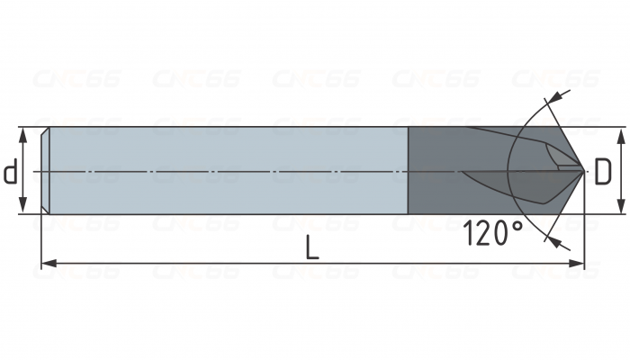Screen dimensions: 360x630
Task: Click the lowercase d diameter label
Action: click(x=10, y=171)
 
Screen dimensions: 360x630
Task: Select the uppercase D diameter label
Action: click(x=604, y=171)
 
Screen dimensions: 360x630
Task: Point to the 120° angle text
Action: click(x=492, y=234)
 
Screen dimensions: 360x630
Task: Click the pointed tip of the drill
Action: click(x=584, y=169)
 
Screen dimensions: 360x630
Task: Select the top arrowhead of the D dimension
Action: click(x=620, y=132)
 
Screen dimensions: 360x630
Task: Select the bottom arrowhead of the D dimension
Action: click(x=620, y=209)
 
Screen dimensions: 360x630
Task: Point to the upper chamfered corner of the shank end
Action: click(x=46, y=131)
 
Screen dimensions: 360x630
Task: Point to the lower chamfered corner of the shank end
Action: click(x=46, y=210)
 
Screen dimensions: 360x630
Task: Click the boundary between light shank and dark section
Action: click(x=409, y=170)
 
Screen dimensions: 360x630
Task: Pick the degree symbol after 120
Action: click(x=516, y=225)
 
